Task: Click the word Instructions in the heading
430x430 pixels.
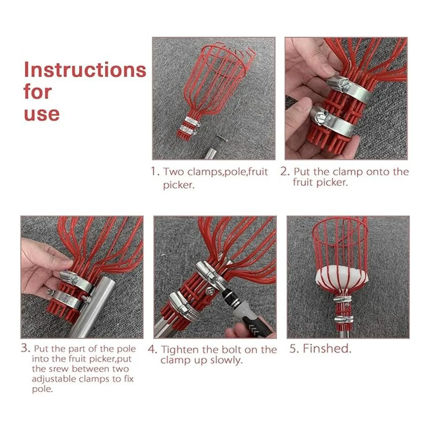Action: (x=85, y=70)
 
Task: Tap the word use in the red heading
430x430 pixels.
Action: (x=42, y=114)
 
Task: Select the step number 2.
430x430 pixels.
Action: (x=285, y=172)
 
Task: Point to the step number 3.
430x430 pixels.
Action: (x=25, y=348)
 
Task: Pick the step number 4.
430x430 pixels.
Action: (x=152, y=349)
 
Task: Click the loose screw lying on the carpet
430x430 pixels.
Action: (x=222, y=138)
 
